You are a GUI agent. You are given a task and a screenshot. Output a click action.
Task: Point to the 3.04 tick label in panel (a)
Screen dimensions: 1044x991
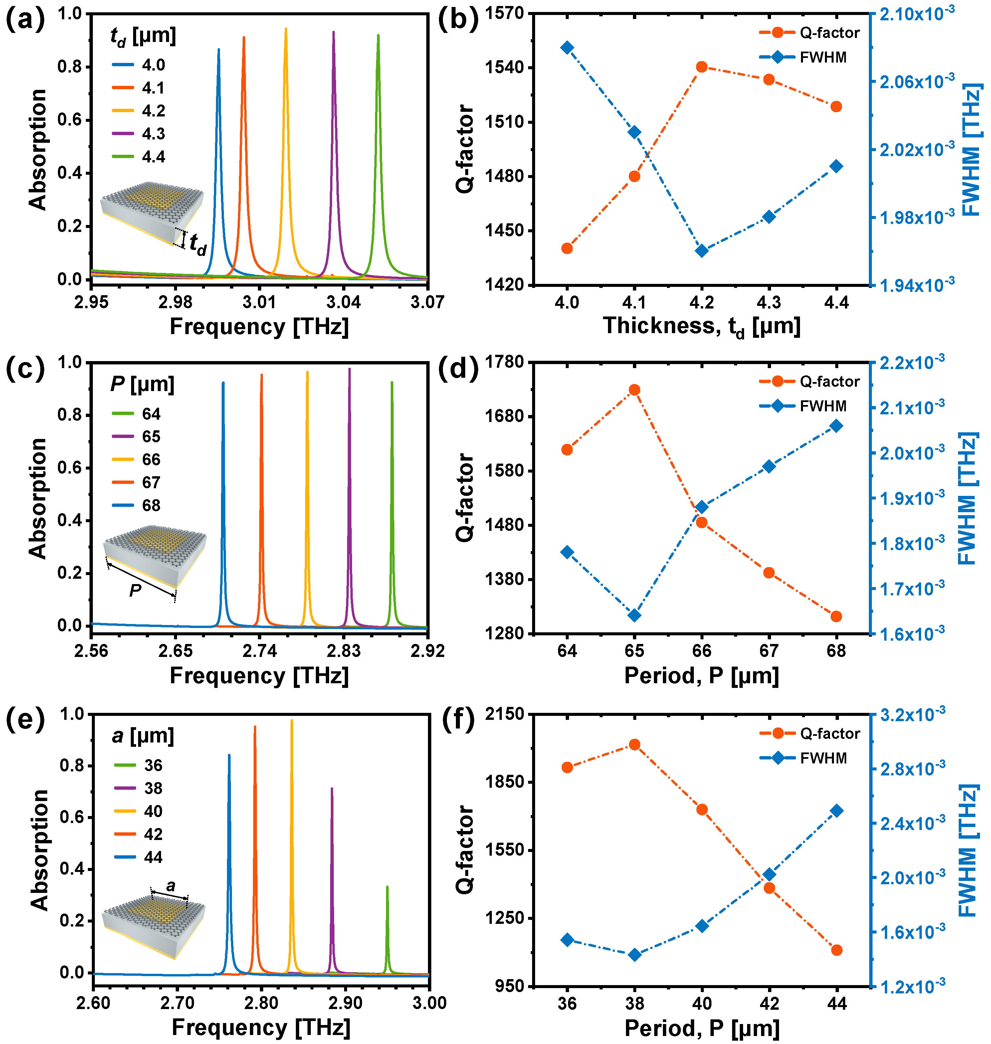[x=343, y=302]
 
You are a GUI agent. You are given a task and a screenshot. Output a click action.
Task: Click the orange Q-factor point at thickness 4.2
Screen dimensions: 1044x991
[x=701, y=67]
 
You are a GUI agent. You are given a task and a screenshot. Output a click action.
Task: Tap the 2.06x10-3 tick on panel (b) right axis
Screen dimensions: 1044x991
[x=916, y=81]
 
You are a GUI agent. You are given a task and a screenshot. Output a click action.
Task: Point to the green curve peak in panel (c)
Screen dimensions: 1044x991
[x=392, y=382]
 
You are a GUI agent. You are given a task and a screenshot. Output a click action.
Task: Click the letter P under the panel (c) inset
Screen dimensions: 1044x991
[x=135, y=590]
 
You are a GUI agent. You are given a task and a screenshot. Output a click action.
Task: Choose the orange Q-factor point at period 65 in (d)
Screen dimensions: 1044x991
[x=634, y=390]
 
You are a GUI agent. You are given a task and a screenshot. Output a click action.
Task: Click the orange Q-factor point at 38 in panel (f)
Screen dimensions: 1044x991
[x=634, y=744]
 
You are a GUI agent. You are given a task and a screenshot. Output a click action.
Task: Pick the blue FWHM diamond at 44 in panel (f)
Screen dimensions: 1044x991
[x=837, y=810]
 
